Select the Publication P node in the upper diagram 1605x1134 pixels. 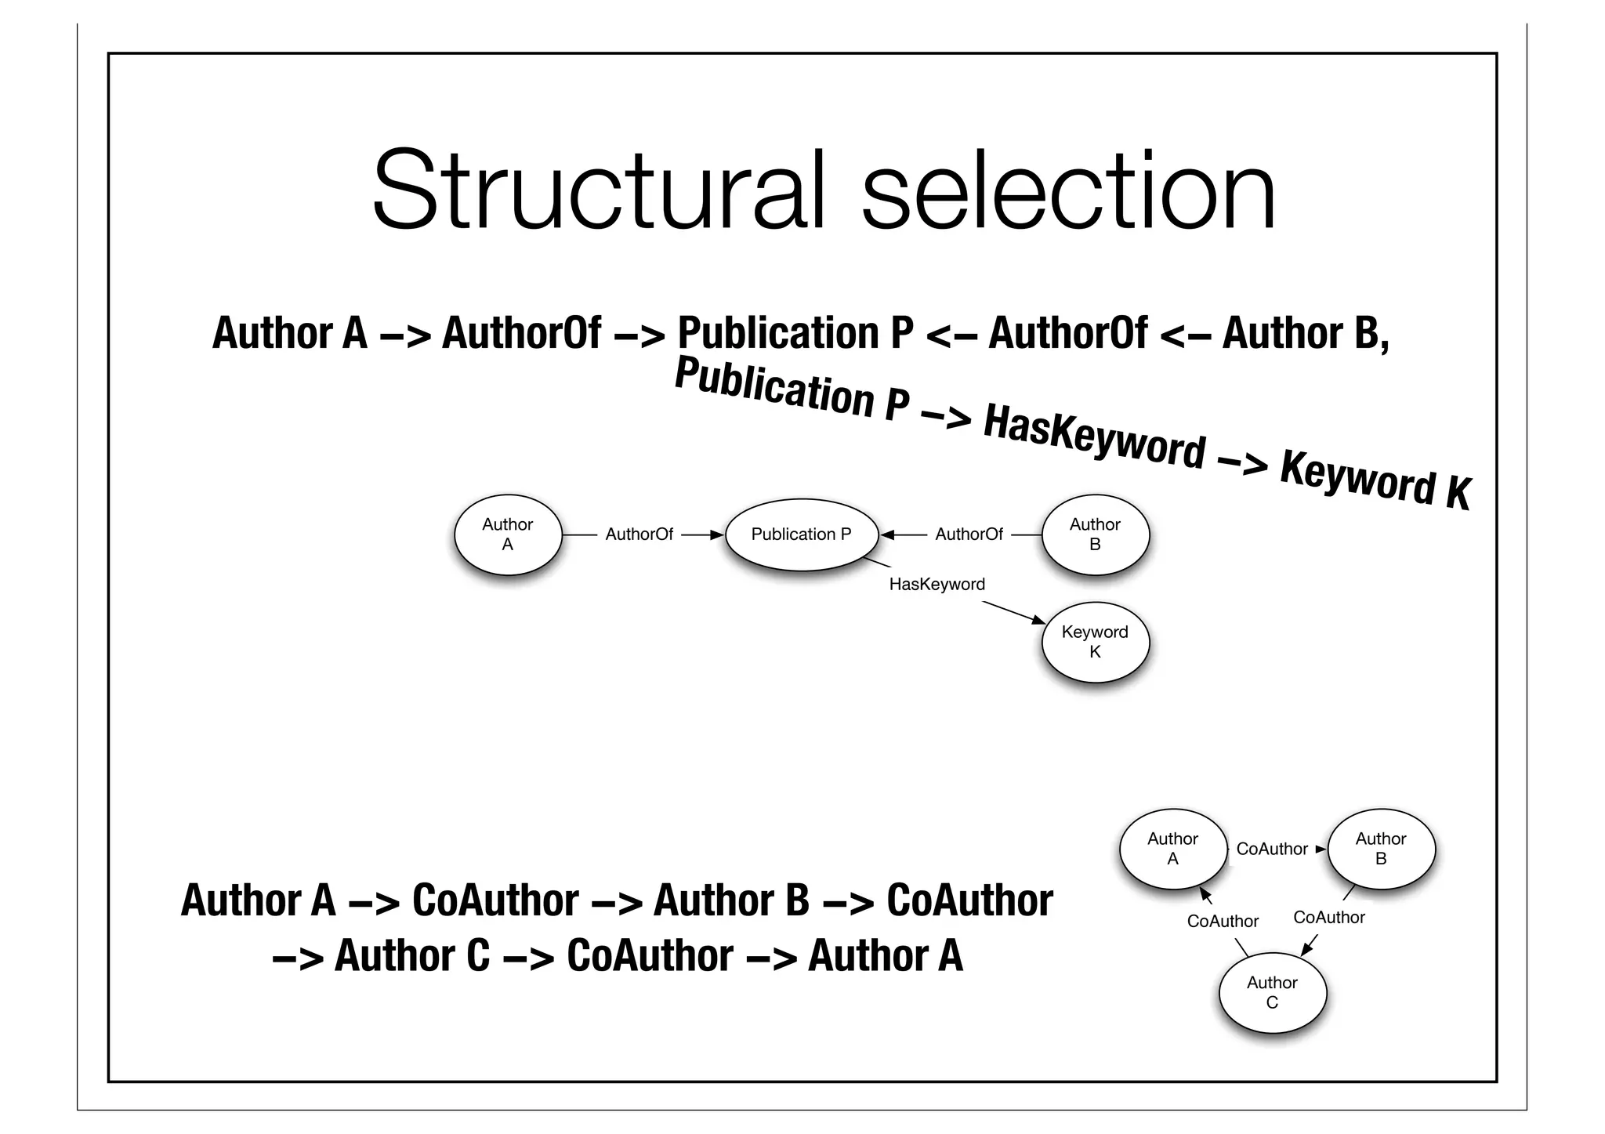(x=801, y=534)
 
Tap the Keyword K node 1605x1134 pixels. (x=1095, y=642)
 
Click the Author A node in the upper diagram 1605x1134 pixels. (x=508, y=534)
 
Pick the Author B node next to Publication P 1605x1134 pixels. (x=1095, y=534)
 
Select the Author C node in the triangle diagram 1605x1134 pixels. (x=1272, y=992)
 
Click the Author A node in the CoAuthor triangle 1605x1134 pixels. (x=1172, y=849)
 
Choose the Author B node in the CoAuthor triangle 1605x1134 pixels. (x=1381, y=849)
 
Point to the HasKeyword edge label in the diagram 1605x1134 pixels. (x=937, y=585)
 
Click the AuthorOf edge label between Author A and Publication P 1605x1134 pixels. (x=639, y=534)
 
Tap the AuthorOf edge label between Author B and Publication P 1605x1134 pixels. (x=969, y=534)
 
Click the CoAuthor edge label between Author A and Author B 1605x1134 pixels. (x=1271, y=849)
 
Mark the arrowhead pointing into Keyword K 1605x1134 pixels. (x=1038, y=621)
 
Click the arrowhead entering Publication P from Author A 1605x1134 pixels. (x=717, y=535)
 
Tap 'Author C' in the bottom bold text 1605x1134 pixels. (x=412, y=956)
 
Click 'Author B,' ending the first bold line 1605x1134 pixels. (x=1306, y=333)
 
